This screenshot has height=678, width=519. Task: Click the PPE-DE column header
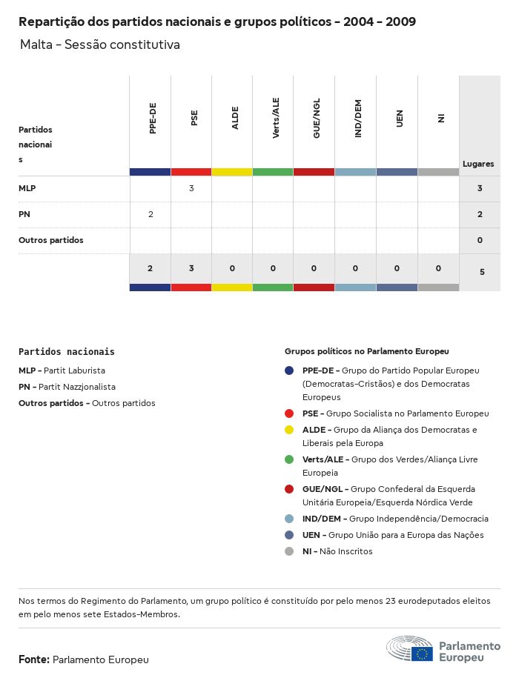[153, 118]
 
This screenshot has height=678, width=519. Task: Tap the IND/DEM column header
[358, 119]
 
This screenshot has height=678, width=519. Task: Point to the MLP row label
[27, 189]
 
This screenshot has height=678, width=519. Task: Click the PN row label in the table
[24, 215]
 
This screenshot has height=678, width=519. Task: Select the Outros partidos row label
[51, 241]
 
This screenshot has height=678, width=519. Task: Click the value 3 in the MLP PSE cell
[191, 189]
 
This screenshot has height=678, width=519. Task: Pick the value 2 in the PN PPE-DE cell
[151, 215]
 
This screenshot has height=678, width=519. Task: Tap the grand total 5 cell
[482, 273]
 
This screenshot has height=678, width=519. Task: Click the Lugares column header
[478, 164]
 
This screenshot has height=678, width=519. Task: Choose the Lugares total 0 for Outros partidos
[480, 241]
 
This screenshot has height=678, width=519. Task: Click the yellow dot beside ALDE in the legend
[289, 430]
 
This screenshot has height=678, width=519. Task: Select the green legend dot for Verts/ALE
[289, 459]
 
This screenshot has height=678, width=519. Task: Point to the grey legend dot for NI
[289, 551]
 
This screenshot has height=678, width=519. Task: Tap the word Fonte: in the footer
[34, 659]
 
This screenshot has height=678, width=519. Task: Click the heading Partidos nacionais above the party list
[67, 352]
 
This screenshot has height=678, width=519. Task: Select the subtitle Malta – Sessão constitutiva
[100, 45]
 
